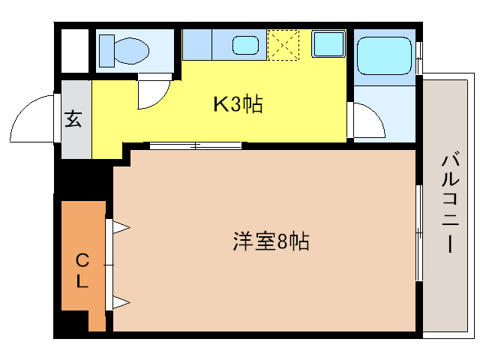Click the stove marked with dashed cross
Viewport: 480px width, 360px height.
point(284,46)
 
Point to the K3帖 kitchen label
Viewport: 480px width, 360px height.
point(238,105)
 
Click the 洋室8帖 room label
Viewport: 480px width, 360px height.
point(271,242)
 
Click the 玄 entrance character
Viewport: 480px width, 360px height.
point(73,119)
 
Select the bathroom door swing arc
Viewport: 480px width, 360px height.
point(365,121)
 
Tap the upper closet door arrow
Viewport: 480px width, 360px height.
point(120,226)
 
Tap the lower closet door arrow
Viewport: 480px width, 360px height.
point(120,303)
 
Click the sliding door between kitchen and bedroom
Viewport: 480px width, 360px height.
point(195,145)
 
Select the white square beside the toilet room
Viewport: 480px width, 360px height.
point(74,50)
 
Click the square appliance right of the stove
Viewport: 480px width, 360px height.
point(327,45)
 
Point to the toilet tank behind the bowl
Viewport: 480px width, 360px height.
point(106,51)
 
